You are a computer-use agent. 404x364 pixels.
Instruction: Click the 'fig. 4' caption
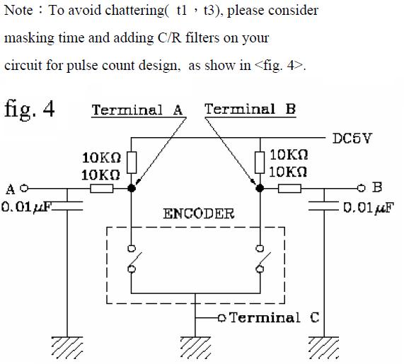pyautogui.click(x=30, y=110)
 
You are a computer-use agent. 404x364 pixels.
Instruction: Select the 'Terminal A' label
pyautogui.click(x=137, y=110)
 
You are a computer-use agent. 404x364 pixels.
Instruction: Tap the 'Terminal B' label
pyautogui.click(x=250, y=109)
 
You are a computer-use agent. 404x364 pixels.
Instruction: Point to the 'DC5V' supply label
pyautogui.click(x=352, y=139)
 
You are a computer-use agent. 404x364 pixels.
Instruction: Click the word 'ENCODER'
pyautogui.click(x=198, y=213)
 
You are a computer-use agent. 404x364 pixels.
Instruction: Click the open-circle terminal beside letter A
pyautogui.click(x=23, y=189)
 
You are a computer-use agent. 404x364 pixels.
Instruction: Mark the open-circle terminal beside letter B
pyautogui.click(x=362, y=189)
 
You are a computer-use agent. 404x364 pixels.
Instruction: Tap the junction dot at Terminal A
pyautogui.click(x=132, y=189)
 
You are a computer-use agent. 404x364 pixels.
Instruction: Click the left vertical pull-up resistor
pyautogui.click(x=132, y=161)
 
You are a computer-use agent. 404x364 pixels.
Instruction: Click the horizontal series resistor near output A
pyautogui.click(x=102, y=189)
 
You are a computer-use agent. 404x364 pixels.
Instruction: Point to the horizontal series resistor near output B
pyautogui.click(x=290, y=189)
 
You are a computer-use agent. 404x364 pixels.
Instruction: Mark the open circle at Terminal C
pyautogui.click(x=222, y=317)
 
